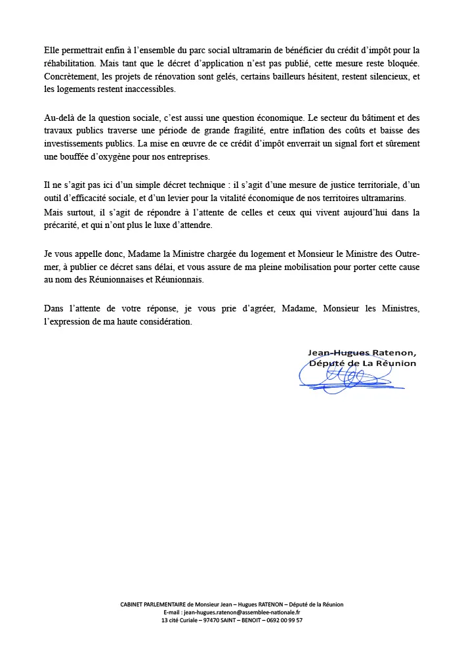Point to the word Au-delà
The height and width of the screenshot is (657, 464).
pos(60,118)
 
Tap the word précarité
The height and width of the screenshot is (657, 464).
pos(63,225)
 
